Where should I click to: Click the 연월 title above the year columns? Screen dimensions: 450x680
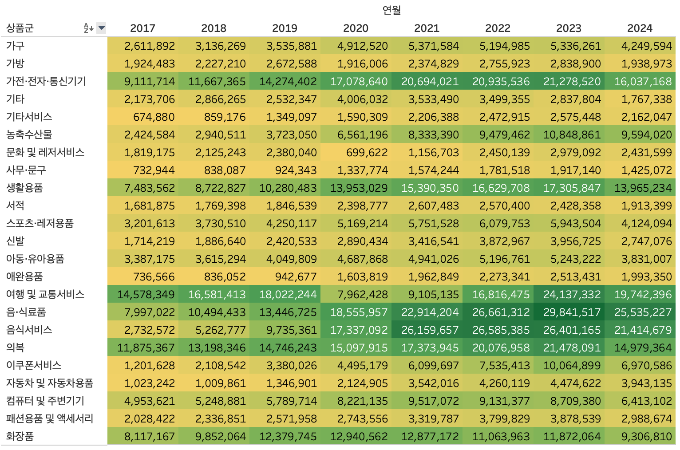tap(391, 10)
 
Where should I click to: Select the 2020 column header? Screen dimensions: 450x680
tap(356, 28)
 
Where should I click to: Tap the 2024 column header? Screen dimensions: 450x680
tap(640, 28)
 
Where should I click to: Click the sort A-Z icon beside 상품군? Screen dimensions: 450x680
tap(88, 28)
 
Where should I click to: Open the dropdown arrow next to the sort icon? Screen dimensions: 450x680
tap(102, 28)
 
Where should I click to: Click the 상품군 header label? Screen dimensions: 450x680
tap(20, 28)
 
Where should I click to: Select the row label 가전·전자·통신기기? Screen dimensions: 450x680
tap(46, 81)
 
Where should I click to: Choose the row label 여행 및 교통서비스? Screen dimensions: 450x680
tap(45, 294)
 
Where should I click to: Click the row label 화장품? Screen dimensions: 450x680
tap(20, 436)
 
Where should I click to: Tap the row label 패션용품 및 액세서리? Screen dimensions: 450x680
tap(50, 418)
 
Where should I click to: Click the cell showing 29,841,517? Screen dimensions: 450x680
tap(572, 312)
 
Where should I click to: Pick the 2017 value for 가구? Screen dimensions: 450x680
tap(150, 46)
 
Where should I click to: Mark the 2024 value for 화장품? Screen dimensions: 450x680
tap(646, 436)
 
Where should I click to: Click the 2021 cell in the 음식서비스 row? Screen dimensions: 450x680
tap(430, 330)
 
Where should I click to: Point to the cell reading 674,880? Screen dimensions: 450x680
tap(154, 117)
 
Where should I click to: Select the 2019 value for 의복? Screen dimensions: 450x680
tap(288, 347)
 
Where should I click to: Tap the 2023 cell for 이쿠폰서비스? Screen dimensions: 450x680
tap(572, 365)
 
